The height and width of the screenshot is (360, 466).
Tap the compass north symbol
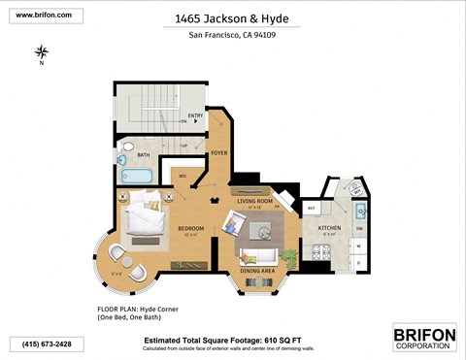click(x=42, y=52)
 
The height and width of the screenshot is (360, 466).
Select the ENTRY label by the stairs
click(x=195, y=117)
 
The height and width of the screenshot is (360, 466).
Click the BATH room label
click(x=143, y=154)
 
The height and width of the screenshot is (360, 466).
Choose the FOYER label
click(x=219, y=151)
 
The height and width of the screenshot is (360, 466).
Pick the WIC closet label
click(x=182, y=176)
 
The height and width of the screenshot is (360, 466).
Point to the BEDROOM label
click(x=190, y=229)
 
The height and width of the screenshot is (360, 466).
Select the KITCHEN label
click(x=330, y=228)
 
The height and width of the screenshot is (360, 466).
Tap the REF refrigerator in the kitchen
click(x=313, y=208)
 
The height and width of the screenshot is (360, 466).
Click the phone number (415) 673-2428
click(x=41, y=343)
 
